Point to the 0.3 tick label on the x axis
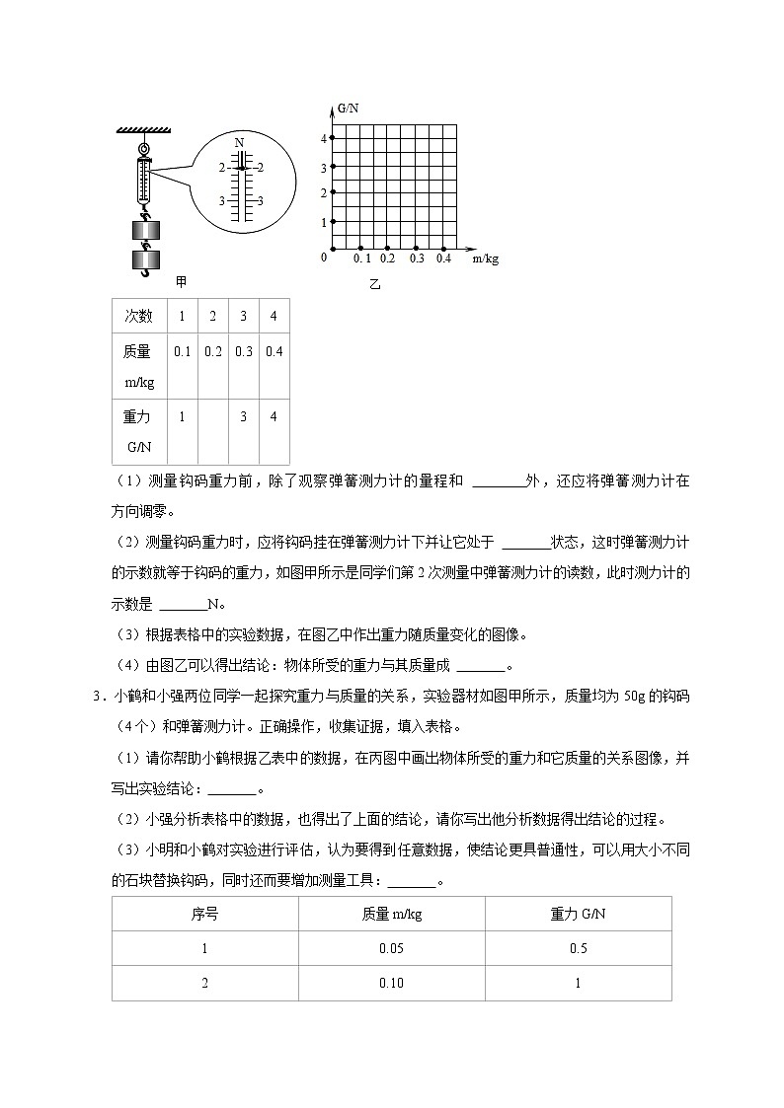coord(416,259)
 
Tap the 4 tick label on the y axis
coord(323,138)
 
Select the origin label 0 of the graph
coord(323,258)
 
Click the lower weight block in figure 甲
coord(145,261)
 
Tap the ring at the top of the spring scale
coord(145,149)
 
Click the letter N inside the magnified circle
coord(239,143)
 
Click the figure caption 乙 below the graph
coord(374,285)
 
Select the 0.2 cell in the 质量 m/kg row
coord(212,352)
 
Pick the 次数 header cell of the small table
coord(138,316)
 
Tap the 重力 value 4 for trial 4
coord(274,416)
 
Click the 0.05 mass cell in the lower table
coord(391,948)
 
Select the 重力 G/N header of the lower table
coord(578,914)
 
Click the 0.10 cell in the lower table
coord(391,983)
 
